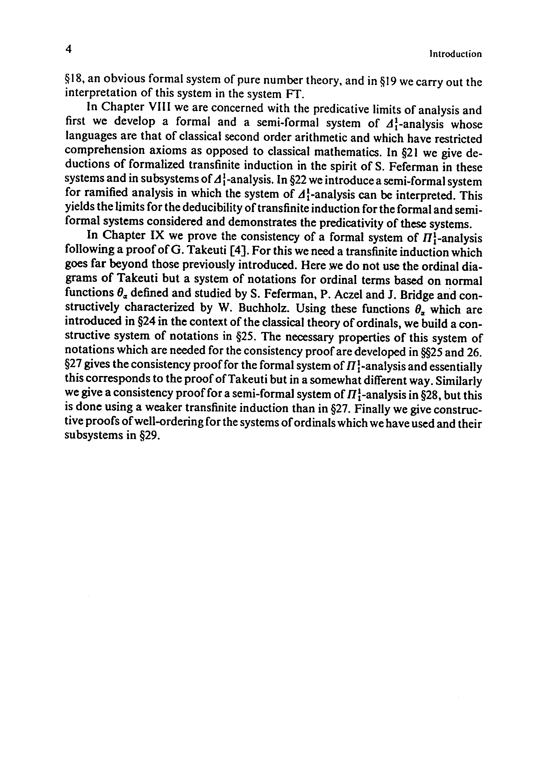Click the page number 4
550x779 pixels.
click(69, 49)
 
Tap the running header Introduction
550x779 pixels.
click(455, 54)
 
